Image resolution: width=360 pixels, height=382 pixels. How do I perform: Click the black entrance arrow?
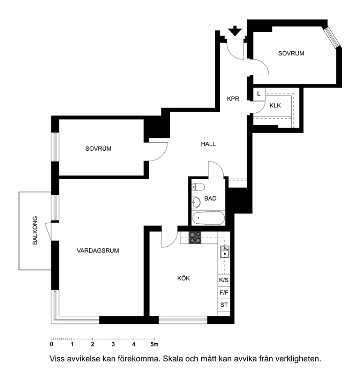tap(235, 31)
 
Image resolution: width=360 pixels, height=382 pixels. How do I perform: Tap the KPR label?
tap(233, 98)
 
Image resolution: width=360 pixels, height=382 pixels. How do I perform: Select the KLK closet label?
tap(275, 106)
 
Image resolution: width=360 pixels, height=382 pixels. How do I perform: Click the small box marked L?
tap(259, 94)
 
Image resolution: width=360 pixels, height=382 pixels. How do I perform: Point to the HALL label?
tap(208, 144)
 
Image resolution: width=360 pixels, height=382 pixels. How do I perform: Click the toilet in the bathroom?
tap(198, 187)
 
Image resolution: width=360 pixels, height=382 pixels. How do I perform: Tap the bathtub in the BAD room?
tap(208, 218)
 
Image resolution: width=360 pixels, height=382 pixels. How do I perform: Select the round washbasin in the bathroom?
tap(196, 202)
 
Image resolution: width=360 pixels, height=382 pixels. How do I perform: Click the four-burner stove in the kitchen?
tap(195, 238)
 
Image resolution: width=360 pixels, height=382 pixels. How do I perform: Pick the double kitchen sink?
tap(225, 252)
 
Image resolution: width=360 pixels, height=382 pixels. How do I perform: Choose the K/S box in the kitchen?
tap(224, 280)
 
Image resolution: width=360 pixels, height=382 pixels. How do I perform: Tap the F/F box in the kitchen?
tap(224, 292)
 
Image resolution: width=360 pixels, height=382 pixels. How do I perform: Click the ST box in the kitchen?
tap(224, 305)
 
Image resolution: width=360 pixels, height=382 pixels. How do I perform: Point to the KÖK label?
tap(183, 278)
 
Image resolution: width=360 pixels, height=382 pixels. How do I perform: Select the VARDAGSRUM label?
tap(98, 251)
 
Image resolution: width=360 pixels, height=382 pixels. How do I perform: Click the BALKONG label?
tap(35, 230)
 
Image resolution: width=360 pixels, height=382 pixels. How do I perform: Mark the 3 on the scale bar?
tap(113, 344)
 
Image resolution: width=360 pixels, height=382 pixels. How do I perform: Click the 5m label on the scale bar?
tap(154, 344)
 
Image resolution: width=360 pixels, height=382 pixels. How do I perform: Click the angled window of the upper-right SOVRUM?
tap(332, 37)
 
